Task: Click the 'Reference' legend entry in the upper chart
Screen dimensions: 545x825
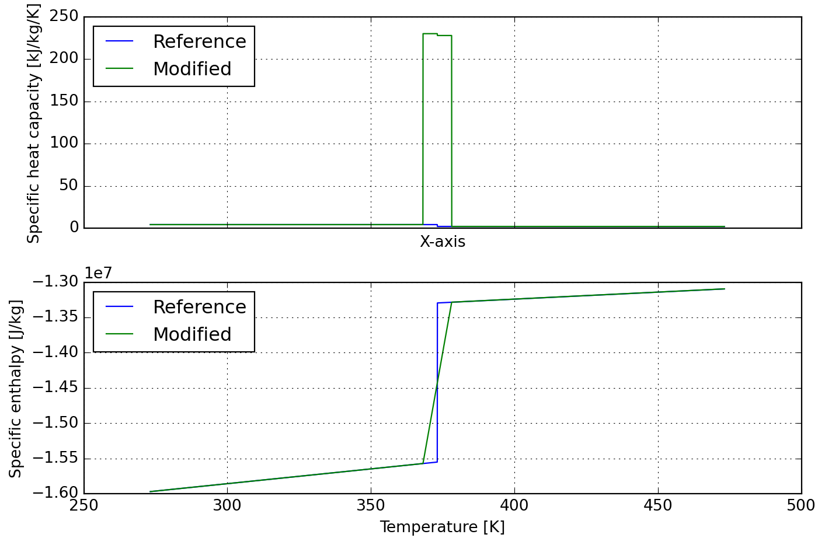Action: (199, 42)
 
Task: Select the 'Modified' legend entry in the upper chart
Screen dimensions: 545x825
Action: (192, 69)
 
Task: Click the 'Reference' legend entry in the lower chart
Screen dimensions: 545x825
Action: (199, 308)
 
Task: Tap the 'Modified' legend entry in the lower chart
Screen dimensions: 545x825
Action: (192, 335)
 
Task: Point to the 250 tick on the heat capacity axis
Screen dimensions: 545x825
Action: (64, 16)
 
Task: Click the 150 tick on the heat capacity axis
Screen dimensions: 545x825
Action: (64, 102)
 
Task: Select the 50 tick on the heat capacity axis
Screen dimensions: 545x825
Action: (69, 186)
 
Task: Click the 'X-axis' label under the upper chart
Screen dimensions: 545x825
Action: (443, 242)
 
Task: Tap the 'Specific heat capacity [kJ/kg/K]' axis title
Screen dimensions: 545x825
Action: (34, 123)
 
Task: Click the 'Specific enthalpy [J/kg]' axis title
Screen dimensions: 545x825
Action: (16, 389)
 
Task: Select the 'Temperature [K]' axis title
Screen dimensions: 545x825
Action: (442, 527)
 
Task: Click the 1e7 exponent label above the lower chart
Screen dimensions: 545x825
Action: (98, 273)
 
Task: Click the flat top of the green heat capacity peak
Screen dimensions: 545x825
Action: (430, 34)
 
